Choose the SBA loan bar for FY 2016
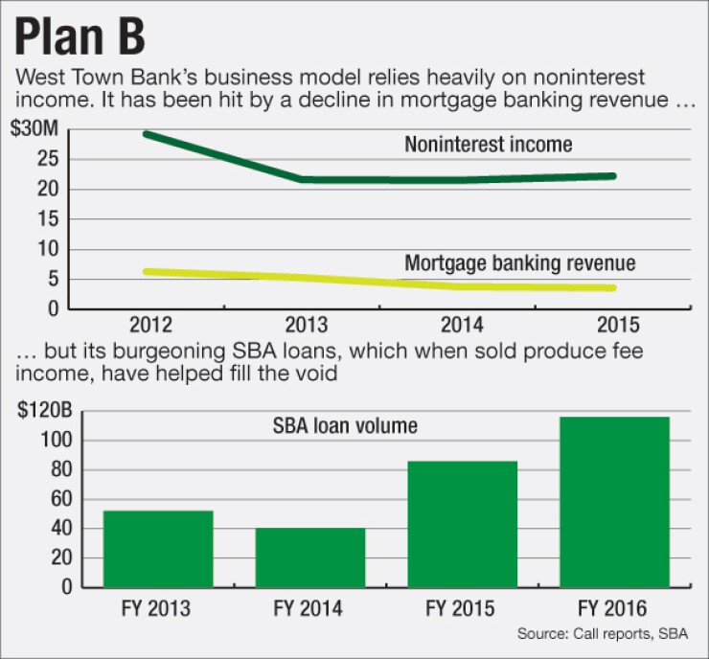[614, 502]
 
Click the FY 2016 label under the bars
[614, 608]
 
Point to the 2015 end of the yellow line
[612, 287]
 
